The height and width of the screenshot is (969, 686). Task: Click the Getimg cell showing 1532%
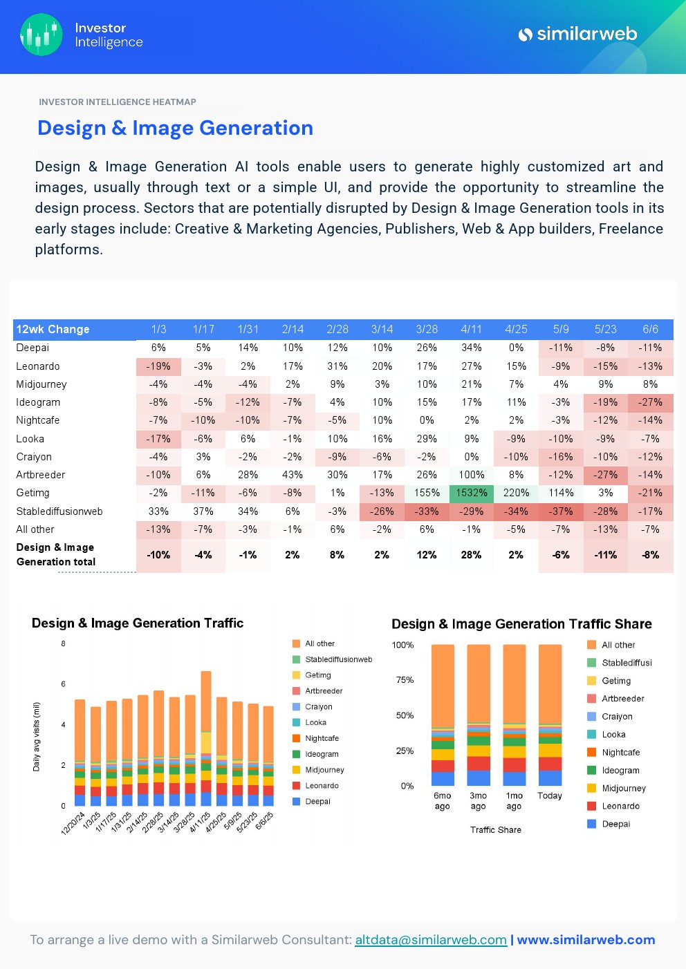(x=471, y=493)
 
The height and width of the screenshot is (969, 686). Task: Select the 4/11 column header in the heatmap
(x=471, y=329)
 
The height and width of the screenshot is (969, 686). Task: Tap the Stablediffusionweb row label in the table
(x=59, y=511)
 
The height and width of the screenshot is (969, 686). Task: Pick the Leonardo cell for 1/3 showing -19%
(x=158, y=366)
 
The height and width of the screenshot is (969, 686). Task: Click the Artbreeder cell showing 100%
(x=471, y=475)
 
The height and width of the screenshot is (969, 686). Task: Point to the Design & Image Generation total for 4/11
(x=471, y=555)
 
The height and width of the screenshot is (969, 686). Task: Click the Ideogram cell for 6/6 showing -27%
(x=650, y=402)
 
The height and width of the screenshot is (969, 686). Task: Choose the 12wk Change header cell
(x=53, y=329)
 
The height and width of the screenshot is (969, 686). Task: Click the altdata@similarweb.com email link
(x=430, y=940)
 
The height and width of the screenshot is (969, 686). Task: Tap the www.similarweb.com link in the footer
(x=586, y=940)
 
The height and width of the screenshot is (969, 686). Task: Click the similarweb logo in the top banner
(x=577, y=34)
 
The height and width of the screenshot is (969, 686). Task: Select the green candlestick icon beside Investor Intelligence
(x=41, y=35)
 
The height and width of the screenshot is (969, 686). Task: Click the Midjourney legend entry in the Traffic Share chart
(x=623, y=788)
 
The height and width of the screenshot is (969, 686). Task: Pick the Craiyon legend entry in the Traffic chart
(x=318, y=707)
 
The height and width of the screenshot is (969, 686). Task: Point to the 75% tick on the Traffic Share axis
(x=405, y=680)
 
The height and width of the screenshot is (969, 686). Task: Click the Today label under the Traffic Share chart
(x=550, y=796)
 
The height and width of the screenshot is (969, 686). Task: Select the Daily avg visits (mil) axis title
(x=37, y=737)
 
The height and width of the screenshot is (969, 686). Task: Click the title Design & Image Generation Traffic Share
(x=521, y=624)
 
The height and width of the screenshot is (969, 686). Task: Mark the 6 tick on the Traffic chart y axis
(x=63, y=684)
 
